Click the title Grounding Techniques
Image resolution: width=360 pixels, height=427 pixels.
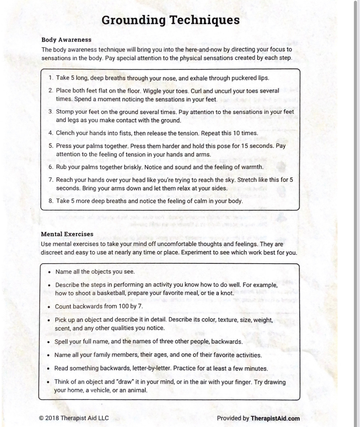(171, 20)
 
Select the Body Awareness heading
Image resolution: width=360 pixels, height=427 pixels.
(66, 40)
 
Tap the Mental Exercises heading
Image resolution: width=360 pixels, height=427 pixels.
(67, 234)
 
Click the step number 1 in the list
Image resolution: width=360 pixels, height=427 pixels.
(51, 78)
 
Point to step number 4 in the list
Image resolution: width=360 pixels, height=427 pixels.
(51, 133)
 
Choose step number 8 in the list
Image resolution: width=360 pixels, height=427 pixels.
(51, 201)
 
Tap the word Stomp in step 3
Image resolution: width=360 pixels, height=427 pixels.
(64, 112)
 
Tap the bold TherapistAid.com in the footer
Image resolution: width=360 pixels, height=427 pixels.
(275, 418)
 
